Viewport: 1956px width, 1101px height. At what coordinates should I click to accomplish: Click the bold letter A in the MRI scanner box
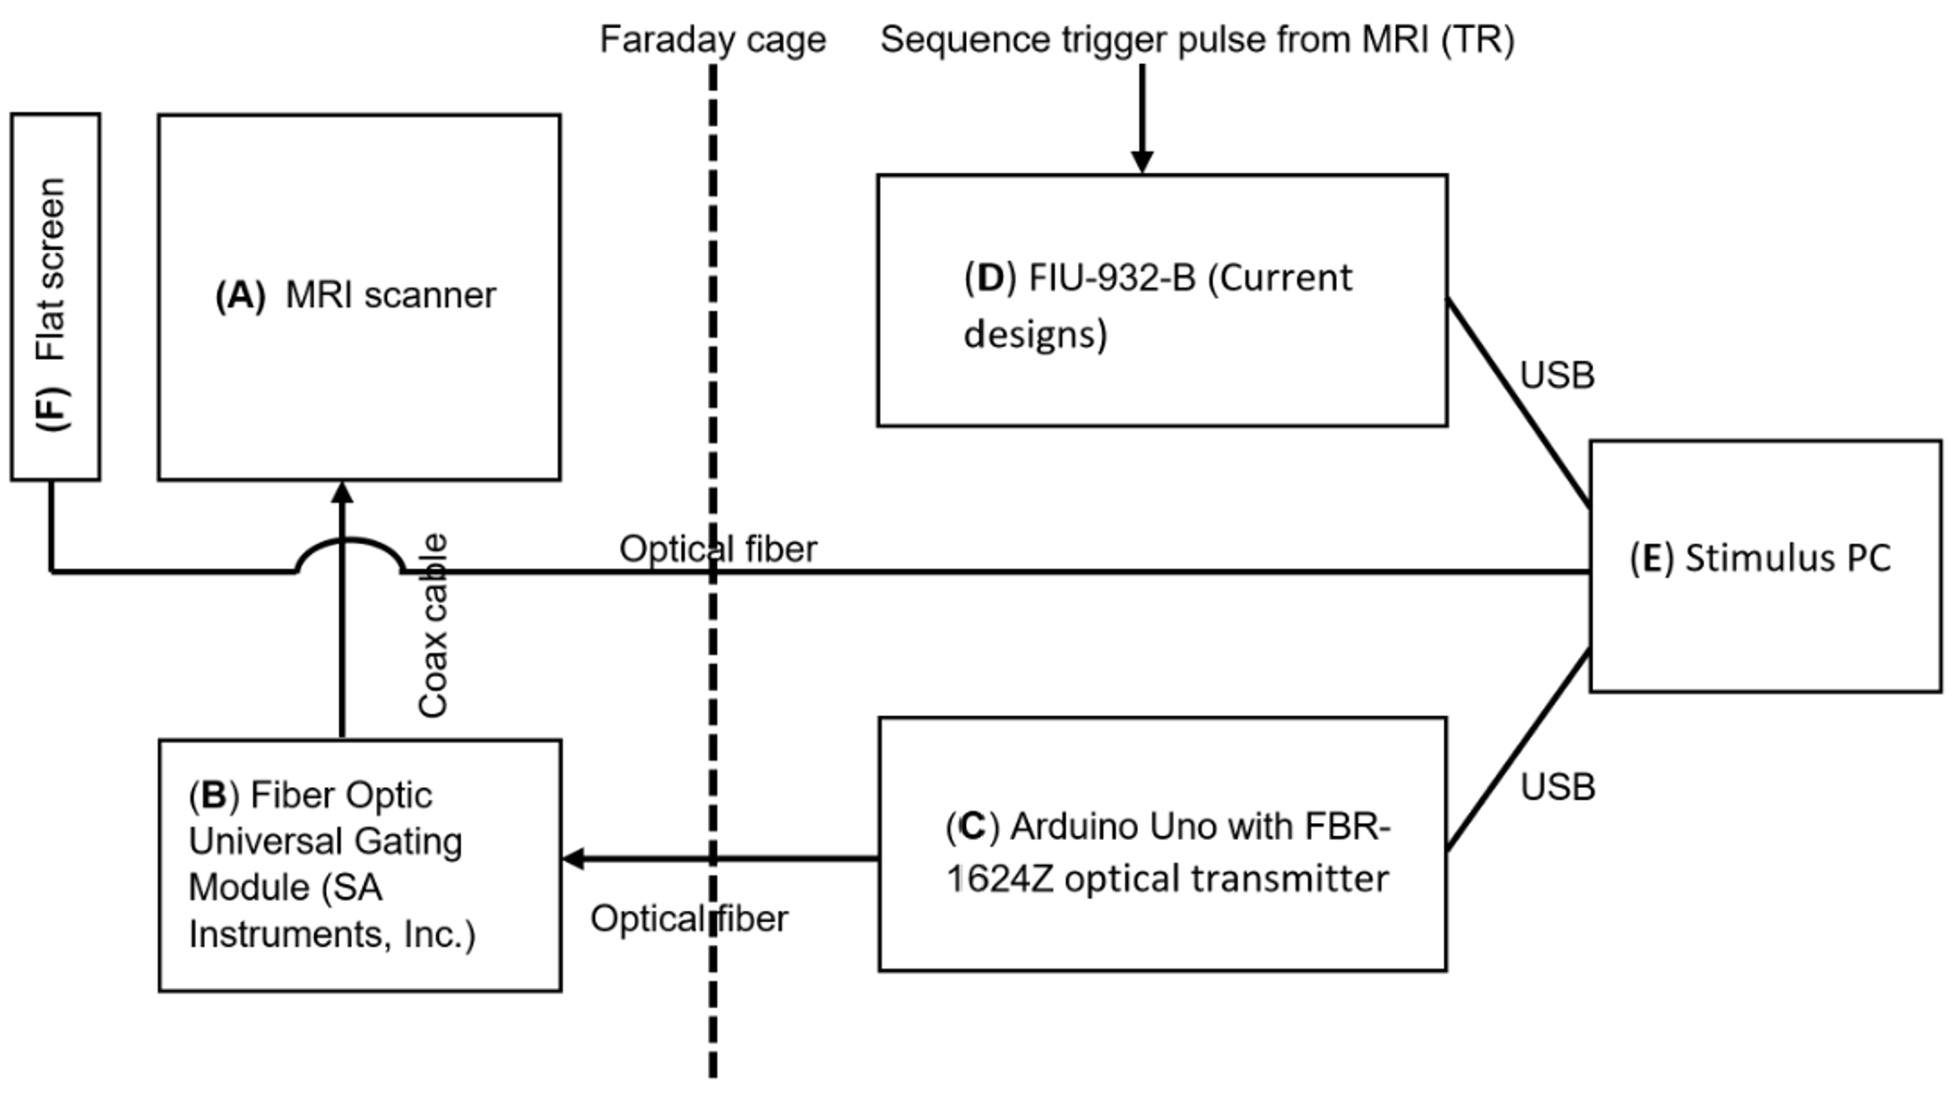click(240, 295)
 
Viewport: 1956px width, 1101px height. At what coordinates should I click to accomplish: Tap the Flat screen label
click(51, 268)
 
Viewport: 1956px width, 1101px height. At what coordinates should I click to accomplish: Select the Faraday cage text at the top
click(712, 39)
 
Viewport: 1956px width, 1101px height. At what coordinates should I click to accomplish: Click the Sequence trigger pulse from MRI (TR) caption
click(1197, 39)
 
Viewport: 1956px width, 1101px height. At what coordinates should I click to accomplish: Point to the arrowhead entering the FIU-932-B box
click(1142, 162)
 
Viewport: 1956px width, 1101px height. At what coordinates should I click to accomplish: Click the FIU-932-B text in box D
click(1111, 278)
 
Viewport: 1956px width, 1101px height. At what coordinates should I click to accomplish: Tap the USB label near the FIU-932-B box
click(1557, 375)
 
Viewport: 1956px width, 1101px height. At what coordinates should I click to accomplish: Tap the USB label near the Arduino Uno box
click(1558, 787)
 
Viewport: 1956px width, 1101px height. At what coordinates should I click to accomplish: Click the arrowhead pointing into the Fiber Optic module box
click(573, 859)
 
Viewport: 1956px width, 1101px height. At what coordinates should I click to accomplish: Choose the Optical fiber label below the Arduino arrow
click(689, 919)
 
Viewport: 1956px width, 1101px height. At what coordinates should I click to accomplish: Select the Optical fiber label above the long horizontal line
click(717, 549)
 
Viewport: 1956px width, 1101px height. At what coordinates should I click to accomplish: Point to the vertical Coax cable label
click(433, 626)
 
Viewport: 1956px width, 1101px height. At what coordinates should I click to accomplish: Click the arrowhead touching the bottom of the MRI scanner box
click(342, 492)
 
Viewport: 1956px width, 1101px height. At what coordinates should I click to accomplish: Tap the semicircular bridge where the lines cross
click(349, 547)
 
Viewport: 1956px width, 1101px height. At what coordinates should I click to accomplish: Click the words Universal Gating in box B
click(325, 842)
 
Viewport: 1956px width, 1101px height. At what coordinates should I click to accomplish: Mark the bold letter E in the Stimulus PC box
click(1651, 558)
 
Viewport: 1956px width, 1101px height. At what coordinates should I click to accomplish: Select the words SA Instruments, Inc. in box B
click(332, 912)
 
